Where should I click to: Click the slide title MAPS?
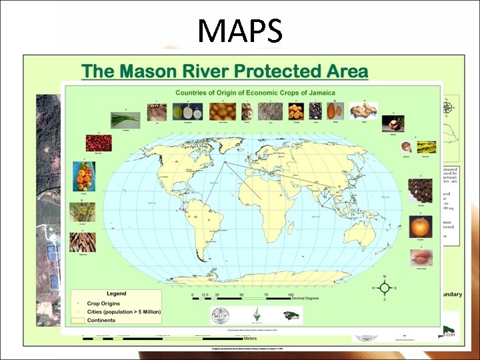pos(240,31)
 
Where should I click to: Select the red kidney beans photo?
pos(98,143)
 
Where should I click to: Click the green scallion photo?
pos(125,119)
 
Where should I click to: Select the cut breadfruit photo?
pos(183,111)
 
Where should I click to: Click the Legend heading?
pos(116,294)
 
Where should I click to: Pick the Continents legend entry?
pos(99,320)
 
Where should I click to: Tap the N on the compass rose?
pos(384,276)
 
